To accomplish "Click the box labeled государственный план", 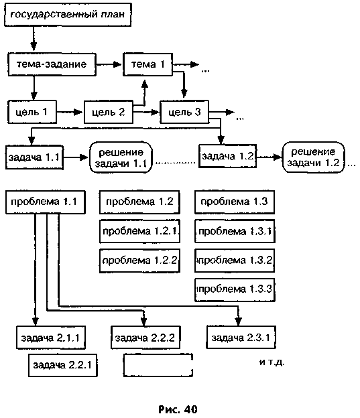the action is [x=68, y=15].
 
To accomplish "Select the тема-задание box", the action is [x=52, y=64].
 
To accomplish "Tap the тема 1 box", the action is [x=147, y=64].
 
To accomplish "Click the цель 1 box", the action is [x=32, y=112].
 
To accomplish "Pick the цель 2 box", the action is [x=109, y=112].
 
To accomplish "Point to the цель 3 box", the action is [x=184, y=112].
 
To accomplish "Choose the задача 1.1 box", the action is [x=34, y=157].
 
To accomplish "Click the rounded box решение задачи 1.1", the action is [x=121, y=157].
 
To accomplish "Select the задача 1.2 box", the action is [x=228, y=156].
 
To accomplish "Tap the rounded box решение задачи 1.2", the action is [x=313, y=157].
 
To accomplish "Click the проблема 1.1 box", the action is [x=46, y=202].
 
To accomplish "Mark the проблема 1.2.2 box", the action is [x=139, y=261].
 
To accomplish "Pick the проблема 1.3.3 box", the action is [x=235, y=290].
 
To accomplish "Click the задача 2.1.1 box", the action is [x=51, y=338].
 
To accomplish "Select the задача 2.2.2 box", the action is [x=145, y=338].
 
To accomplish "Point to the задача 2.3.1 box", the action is [x=241, y=338].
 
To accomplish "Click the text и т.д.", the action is [x=272, y=362].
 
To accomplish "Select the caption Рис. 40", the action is [x=178, y=409].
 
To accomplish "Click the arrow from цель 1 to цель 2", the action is [x=70, y=113].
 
